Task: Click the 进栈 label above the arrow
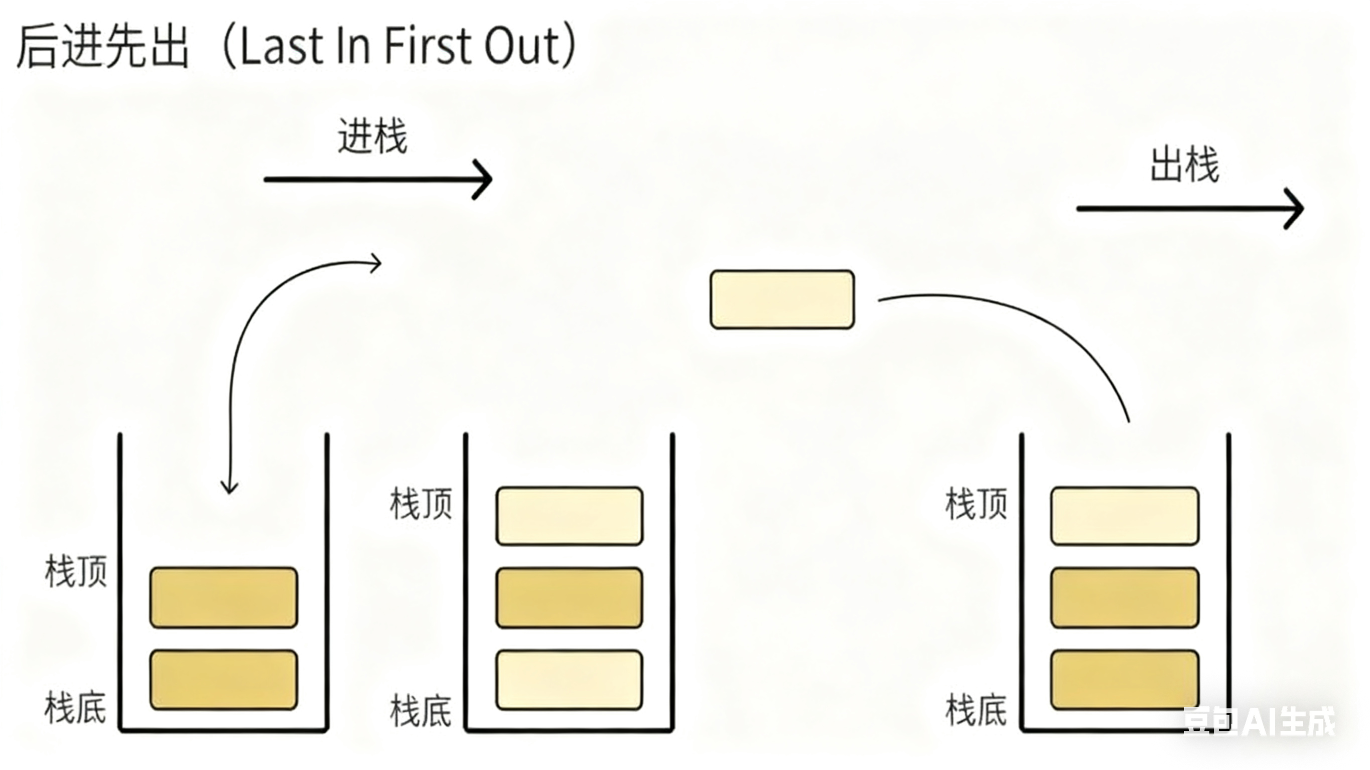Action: pos(372,136)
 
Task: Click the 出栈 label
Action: pos(1184,166)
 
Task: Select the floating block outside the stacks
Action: pos(782,299)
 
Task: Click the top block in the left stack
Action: pos(223,597)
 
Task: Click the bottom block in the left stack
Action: pos(223,680)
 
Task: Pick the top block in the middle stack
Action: pos(569,516)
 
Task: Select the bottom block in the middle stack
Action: pos(569,680)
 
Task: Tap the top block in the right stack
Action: pos(1124,516)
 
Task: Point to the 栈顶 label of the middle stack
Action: pos(421,504)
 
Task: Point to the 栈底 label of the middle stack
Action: pos(421,711)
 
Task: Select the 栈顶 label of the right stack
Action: pos(976,504)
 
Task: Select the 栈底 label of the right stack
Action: pos(976,711)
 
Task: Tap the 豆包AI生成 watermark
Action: pos(1259,722)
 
